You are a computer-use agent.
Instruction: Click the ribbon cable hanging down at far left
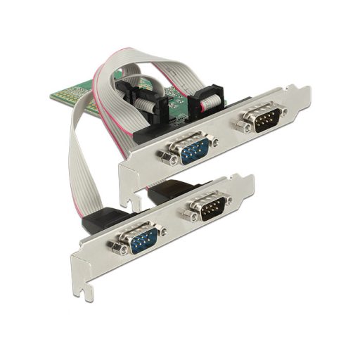click(x=75, y=169)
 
